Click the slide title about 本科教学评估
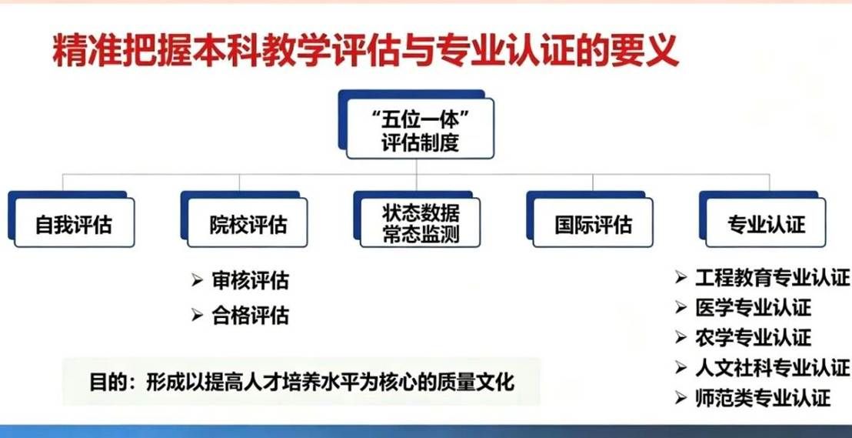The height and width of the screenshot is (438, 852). [365, 51]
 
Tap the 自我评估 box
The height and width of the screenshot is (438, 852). [74, 225]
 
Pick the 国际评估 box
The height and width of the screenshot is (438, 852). [593, 225]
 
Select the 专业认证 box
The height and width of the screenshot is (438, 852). [766, 225]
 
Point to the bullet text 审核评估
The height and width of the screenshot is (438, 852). [251, 281]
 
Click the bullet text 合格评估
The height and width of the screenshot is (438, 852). [251, 316]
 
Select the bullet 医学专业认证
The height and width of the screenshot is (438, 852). [753, 308]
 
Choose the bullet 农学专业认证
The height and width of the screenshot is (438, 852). [753, 337]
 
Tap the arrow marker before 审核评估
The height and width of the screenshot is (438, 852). [198, 281]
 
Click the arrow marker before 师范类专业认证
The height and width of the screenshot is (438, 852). [681, 398]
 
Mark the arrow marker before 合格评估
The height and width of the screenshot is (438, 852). [198, 316]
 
